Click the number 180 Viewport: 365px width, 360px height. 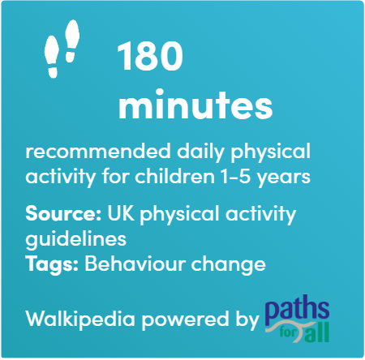(150, 56)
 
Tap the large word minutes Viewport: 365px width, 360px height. (195, 104)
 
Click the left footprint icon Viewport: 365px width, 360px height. (52, 58)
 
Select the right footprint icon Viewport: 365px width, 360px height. (72, 41)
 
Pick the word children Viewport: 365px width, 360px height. (174, 177)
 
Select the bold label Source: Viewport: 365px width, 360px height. (63, 213)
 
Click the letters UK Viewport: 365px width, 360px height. (121, 213)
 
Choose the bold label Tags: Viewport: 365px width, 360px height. (52, 264)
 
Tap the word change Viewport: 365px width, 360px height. (229, 265)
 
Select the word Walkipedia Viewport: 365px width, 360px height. (80, 318)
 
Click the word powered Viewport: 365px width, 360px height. (185, 319)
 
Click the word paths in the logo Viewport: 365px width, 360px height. (297, 311)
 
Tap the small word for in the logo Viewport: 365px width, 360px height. (288, 332)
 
